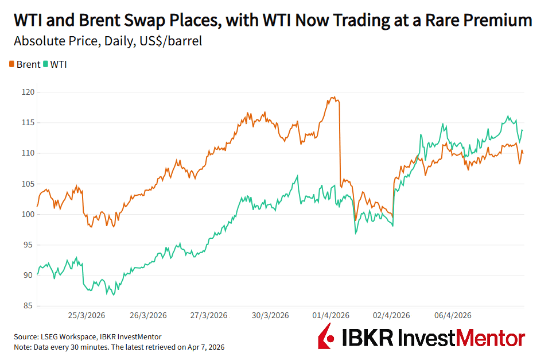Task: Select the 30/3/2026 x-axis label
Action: tap(270, 315)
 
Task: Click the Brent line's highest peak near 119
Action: tap(333, 97)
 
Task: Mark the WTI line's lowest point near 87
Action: tap(113, 295)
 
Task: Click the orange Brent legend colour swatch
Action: tap(12, 64)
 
